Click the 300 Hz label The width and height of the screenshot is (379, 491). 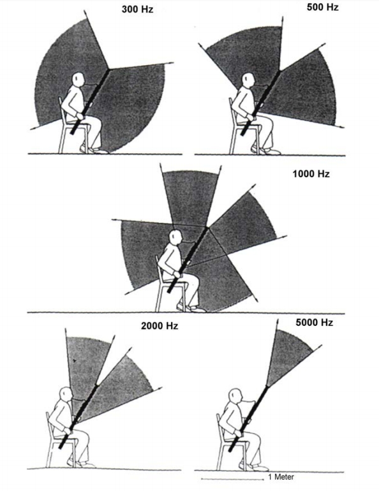coord(138,9)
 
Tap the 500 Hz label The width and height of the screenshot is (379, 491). coord(323,7)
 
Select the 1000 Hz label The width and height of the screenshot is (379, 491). coord(311,173)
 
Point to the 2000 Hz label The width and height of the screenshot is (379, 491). coord(160,326)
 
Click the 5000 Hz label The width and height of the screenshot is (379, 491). coord(314,322)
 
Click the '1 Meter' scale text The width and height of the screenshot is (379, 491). coord(281,477)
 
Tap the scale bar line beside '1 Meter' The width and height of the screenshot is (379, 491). coord(232,479)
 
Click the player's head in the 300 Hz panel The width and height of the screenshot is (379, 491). coord(78,80)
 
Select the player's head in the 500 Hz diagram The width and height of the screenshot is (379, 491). coord(248,81)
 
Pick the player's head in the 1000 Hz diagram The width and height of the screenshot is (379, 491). coord(175,237)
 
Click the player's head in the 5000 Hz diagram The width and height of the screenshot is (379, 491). coord(235,396)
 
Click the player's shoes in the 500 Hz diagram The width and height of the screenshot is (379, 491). coord(266,150)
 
